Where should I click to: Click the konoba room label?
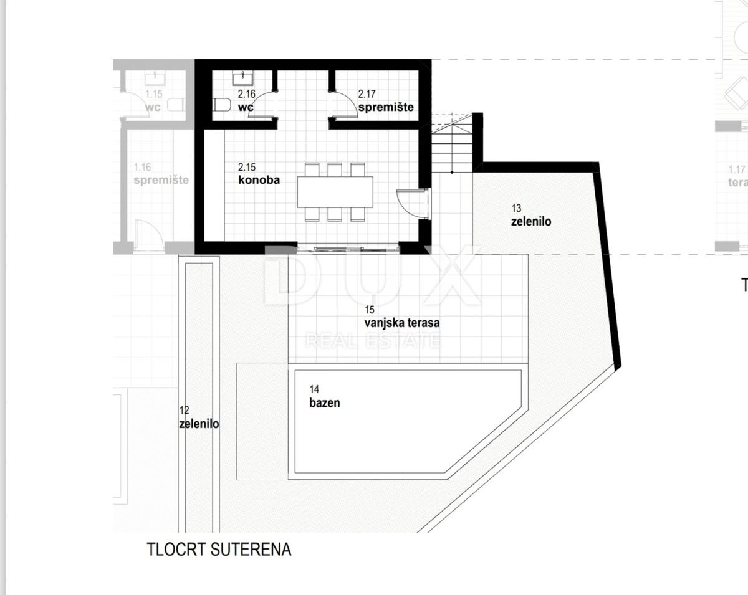[259, 180]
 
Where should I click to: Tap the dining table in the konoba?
[335, 192]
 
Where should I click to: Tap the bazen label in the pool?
[325, 402]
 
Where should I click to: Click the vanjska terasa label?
[402, 323]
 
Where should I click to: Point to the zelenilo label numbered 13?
[531, 221]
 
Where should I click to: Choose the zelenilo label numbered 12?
[199, 424]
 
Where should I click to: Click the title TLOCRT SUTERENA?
[219, 550]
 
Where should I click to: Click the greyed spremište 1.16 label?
[161, 179]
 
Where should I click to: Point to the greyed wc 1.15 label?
[153, 107]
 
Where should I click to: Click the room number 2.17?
[368, 94]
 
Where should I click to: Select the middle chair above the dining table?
[335, 169]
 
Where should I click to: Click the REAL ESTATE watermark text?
[372, 340]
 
